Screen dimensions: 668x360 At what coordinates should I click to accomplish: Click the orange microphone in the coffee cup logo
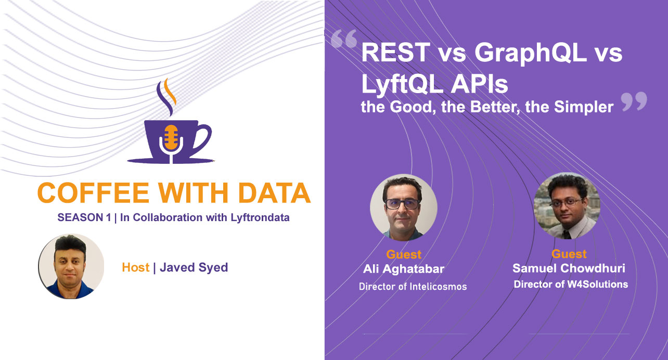pos(171,138)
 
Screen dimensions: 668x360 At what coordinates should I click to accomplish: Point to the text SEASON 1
pos(84,218)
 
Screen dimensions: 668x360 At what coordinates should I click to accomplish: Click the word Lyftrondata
pos(260,218)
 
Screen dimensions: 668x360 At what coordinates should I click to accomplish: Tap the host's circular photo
pos(71,266)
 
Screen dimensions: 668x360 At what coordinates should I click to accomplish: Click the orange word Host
pos(136,267)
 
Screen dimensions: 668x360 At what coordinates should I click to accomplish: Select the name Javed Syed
pos(194,267)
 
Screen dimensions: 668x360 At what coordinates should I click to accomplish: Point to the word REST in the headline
pos(396,53)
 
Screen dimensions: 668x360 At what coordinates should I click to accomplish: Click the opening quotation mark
pos(344,38)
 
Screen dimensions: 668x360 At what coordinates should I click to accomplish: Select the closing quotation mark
pos(634,102)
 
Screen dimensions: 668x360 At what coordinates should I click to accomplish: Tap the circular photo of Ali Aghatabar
pos(404,208)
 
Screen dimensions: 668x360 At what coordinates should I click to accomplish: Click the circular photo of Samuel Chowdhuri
pos(567,206)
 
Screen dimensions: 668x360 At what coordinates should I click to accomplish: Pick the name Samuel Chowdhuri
pos(569,268)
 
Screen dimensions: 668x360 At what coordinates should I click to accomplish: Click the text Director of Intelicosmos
pos(413,287)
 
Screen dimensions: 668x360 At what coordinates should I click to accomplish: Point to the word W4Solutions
pos(598,284)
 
